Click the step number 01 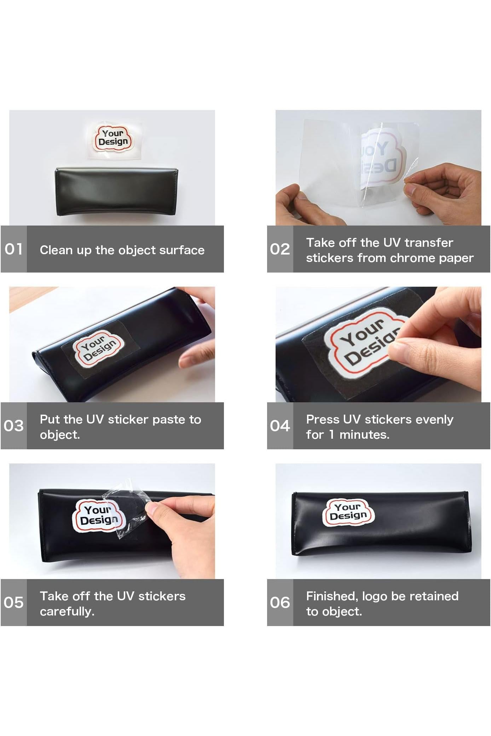[13, 249]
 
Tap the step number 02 [280, 249]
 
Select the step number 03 [13, 426]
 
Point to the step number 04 [280, 426]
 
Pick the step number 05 [13, 602]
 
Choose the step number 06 [280, 602]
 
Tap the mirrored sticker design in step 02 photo [380, 157]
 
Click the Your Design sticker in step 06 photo [348, 512]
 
